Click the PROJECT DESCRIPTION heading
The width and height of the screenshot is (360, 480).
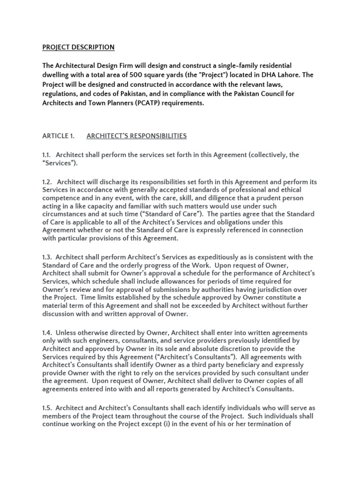(x=78, y=47)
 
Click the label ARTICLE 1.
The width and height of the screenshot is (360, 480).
(x=59, y=136)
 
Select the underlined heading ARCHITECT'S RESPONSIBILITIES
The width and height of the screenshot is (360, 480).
(x=136, y=136)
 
